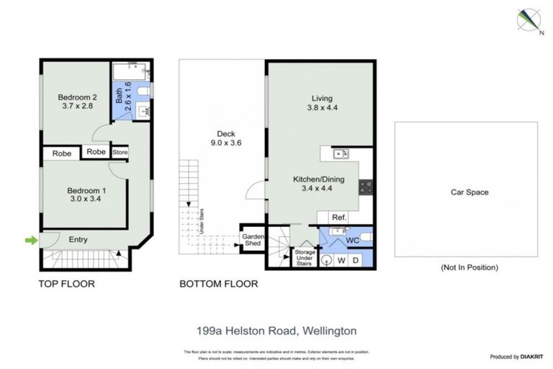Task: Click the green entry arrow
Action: pos(30,240)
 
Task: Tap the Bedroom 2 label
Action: pos(77,97)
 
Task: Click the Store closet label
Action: pos(120,152)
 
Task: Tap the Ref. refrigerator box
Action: pos(338,217)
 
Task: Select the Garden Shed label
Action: pos(253,240)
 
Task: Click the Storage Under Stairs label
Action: pos(303,258)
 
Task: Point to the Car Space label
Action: pos(469,192)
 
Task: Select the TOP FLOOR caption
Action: pos(66,284)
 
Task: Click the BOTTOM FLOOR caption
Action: pos(218,284)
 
